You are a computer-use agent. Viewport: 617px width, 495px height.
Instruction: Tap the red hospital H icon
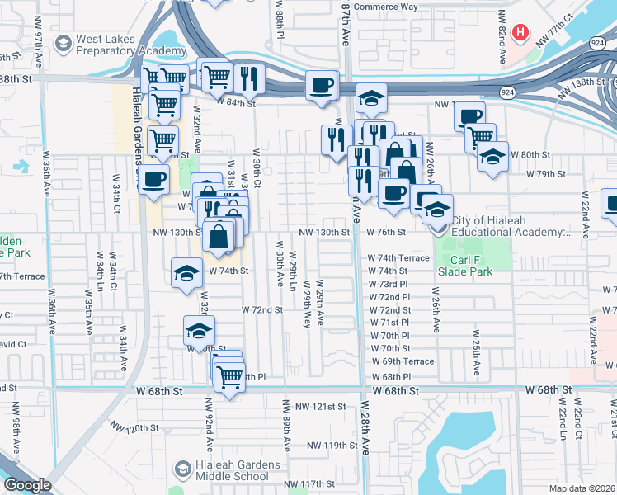click(520, 33)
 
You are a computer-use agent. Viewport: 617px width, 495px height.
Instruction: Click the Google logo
click(26, 485)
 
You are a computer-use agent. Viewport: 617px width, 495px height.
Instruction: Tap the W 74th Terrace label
click(398, 258)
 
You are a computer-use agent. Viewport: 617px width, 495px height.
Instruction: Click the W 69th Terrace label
click(403, 361)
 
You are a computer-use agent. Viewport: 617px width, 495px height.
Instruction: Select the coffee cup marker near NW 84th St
click(321, 85)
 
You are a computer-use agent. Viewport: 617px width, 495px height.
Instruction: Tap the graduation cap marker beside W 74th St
click(187, 272)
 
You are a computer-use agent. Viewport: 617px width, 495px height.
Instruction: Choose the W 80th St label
click(530, 154)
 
